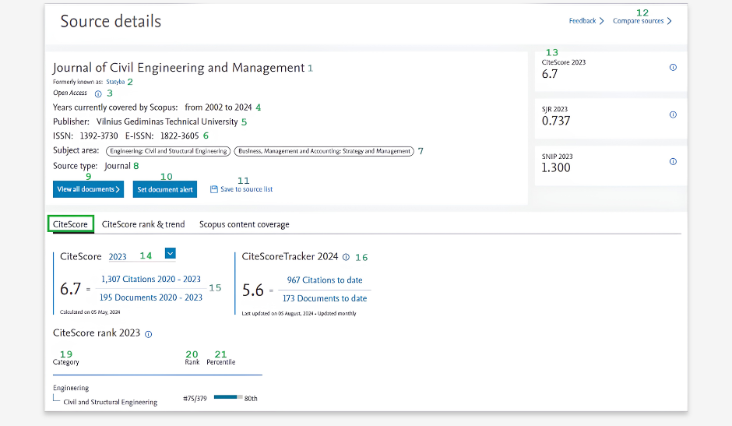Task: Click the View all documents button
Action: [x=88, y=189]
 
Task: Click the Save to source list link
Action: [x=241, y=189]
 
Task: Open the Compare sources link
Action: [x=642, y=21]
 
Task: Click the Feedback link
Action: [x=586, y=21]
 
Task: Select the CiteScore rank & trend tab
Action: [x=143, y=224]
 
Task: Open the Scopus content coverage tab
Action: [x=245, y=224]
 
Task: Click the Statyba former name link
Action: [x=115, y=82]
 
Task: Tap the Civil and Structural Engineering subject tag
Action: [x=168, y=151]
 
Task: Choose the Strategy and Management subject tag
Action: [x=324, y=151]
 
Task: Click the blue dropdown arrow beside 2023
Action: [x=171, y=253]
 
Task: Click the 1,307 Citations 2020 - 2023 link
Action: [x=151, y=279]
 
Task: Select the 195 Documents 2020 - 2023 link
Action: [x=151, y=297]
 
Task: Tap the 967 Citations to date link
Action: [x=325, y=280]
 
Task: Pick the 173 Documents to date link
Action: [x=325, y=298]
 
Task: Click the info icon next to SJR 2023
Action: [x=673, y=114]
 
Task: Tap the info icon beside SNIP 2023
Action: [x=673, y=162]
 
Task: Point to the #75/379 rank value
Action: [x=195, y=399]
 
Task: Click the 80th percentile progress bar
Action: [x=228, y=397]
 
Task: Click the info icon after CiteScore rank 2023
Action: [x=149, y=334]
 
